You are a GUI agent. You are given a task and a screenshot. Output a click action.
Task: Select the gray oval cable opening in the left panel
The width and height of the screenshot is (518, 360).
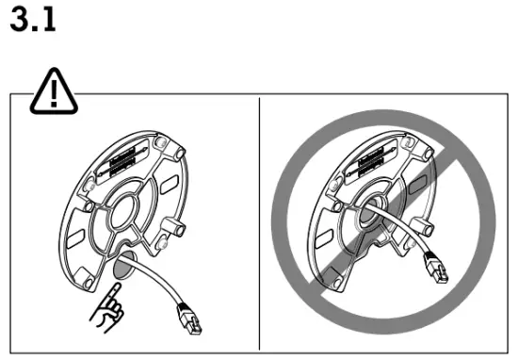[121, 269]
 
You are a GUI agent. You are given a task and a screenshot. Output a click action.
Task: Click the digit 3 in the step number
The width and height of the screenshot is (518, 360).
[18, 20]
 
